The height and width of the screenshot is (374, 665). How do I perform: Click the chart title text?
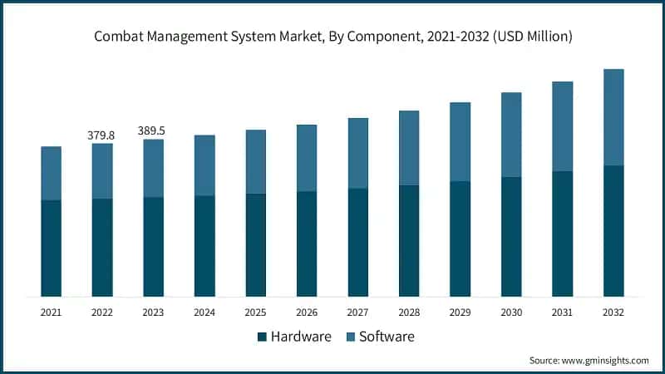tap(332, 37)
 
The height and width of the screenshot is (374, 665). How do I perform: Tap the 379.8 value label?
tap(102, 135)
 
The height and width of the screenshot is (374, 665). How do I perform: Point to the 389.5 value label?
tap(153, 130)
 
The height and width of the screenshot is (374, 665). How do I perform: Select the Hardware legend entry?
tap(294, 337)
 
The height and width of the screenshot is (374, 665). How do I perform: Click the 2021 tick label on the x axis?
tap(51, 312)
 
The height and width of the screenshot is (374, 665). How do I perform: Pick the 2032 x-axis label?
tap(613, 312)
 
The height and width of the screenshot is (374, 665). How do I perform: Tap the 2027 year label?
tap(357, 312)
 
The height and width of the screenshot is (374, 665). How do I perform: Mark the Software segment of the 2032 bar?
tap(613, 117)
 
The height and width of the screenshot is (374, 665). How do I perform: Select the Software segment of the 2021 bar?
tap(51, 173)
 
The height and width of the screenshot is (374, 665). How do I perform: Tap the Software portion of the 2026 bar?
tap(307, 158)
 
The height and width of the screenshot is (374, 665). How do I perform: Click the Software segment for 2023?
tap(153, 168)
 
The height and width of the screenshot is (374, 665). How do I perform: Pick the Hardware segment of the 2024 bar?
tap(204, 246)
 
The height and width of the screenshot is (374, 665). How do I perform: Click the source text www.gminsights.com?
tap(589, 360)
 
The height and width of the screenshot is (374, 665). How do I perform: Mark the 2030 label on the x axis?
tap(511, 312)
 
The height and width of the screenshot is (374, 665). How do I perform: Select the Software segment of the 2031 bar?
tap(562, 126)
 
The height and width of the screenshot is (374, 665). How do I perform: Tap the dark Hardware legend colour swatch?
tap(263, 337)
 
